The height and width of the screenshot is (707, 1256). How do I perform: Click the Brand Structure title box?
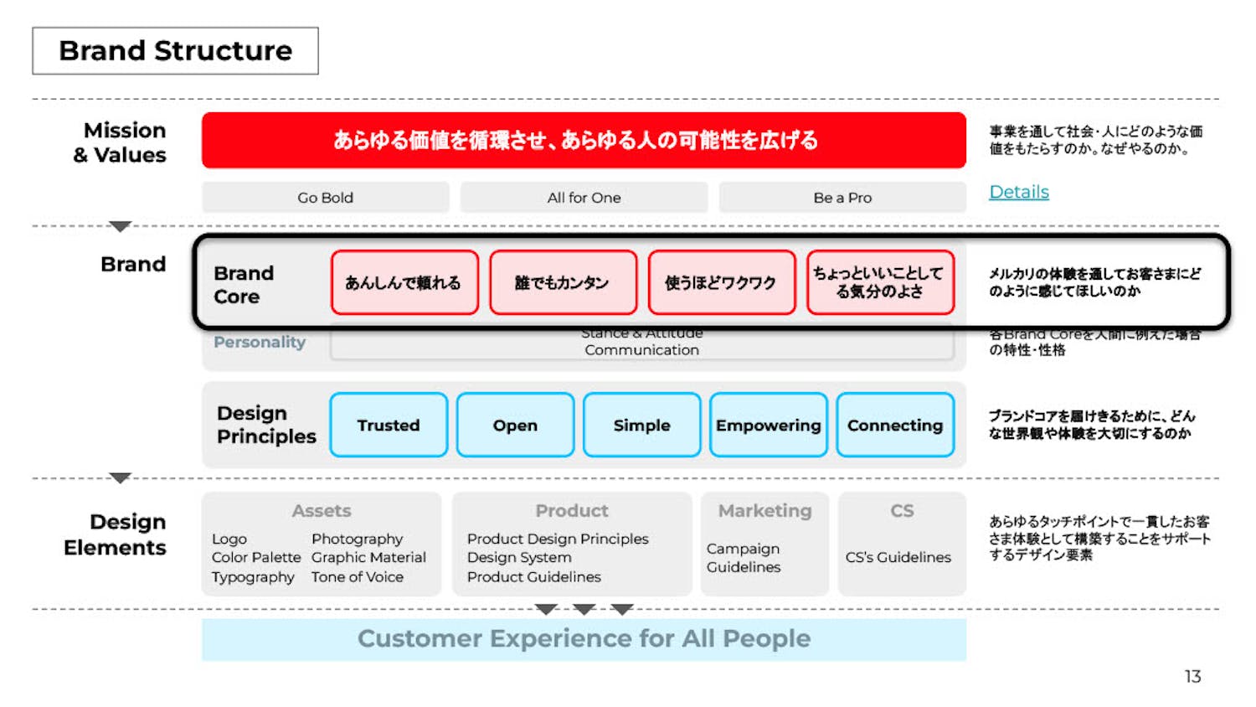pyautogui.click(x=175, y=51)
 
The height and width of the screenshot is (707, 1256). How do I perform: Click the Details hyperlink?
pyautogui.click(x=1018, y=192)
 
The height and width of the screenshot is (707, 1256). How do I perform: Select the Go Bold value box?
pyautogui.click(x=325, y=198)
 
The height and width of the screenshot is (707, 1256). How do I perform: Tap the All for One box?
pyautogui.click(x=584, y=198)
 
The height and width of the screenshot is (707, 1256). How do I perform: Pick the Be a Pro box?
pyautogui.click(x=842, y=198)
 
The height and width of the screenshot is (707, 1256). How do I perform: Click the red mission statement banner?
pyautogui.click(x=583, y=140)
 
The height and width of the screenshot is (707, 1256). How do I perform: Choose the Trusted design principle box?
pyautogui.click(x=389, y=425)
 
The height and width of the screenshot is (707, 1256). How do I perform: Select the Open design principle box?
pyautogui.click(x=515, y=425)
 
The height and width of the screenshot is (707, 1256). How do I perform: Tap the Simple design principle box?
pyautogui.click(x=641, y=425)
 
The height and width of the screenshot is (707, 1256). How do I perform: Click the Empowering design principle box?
pyautogui.click(x=768, y=425)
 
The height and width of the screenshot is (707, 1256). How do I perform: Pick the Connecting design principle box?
pyautogui.click(x=894, y=425)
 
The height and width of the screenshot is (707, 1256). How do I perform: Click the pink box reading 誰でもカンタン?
pyautogui.click(x=563, y=282)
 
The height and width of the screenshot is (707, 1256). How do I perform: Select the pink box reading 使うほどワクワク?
pyautogui.click(x=721, y=282)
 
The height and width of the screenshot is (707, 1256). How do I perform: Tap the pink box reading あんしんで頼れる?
pyautogui.click(x=404, y=282)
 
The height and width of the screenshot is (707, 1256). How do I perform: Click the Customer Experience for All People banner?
pyautogui.click(x=584, y=639)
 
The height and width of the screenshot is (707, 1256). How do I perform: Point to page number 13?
pyautogui.click(x=1192, y=676)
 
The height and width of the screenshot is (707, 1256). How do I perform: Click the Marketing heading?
pyautogui.click(x=764, y=511)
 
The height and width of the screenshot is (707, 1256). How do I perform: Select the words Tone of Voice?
pyautogui.click(x=358, y=577)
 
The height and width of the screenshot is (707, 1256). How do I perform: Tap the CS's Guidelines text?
pyautogui.click(x=898, y=557)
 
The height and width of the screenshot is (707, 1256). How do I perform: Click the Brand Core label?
pyautogui.click(x=244, y=285)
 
